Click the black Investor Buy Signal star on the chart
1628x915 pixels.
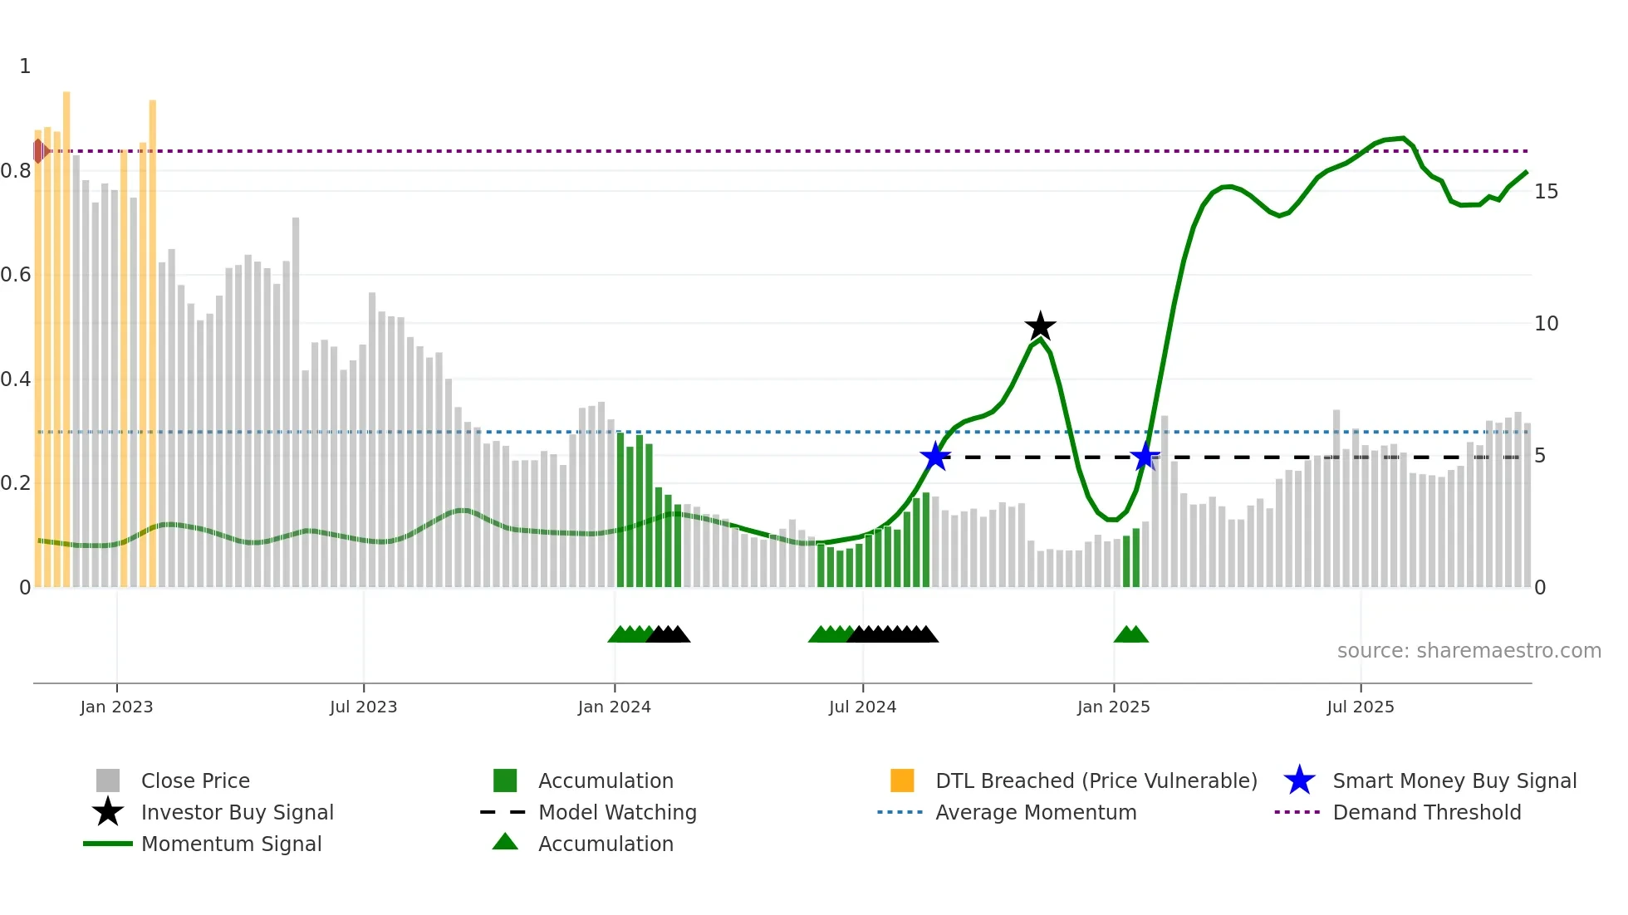point(1040,326)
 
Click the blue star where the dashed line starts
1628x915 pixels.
point(935,457)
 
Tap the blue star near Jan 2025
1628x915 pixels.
point(1145,457)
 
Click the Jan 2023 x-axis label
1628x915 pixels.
point(116,707)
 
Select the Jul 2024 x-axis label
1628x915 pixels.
point(862,707)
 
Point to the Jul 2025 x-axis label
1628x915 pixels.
point(1360,707)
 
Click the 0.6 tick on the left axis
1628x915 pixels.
point(16,275)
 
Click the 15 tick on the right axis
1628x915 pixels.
point(1546,192)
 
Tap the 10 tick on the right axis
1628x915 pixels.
point(1546,324)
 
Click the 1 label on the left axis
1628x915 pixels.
point(25,66)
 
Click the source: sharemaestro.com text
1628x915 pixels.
point(1469,651)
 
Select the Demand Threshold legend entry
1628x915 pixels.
point(1426,812)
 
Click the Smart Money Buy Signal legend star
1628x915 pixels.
point(1299,780)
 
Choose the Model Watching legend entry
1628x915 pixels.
point(616,812)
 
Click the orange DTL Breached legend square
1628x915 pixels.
point(902,780)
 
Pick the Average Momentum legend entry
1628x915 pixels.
point(1035,812)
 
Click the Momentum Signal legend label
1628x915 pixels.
point(231,844)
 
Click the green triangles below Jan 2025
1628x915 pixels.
point(1130,635)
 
